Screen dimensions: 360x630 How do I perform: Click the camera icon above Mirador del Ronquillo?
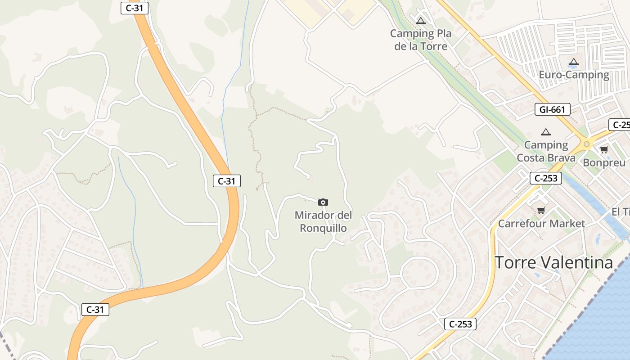click(x=323, y=202)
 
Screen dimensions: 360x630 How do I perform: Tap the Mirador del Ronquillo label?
click(x=323, y=222)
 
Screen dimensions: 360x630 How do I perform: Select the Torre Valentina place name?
click(x=553, y=262)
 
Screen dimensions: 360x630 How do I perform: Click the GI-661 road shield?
click(x=553, y=109)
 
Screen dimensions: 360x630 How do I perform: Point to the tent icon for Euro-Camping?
click(x=573, y=62)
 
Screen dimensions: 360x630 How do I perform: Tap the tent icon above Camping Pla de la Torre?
click(x=420, y=21)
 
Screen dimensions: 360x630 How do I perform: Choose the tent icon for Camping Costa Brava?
click(x=546, y=132)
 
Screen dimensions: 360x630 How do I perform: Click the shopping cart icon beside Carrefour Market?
click(x=541, y=210)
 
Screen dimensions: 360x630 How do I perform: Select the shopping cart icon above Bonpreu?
click(x=604, y=149)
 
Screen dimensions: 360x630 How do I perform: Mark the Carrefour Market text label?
click(x=541, y=224)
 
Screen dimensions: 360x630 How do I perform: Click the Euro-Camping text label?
click(x=574, y=75)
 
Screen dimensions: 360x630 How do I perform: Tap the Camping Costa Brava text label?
click(x=546, y=151)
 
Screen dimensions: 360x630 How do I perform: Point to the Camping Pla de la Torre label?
click(x=420, y=40)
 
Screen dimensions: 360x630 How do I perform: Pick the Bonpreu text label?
click(x=604, y=162)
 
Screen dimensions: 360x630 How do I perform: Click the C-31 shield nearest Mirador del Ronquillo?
click(x=226, y=181)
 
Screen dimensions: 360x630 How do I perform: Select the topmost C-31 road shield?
click(x=135, y=8)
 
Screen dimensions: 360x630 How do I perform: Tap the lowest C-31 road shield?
click(x=95, y=310)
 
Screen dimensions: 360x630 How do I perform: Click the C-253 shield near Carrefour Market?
click(x=546, y=178)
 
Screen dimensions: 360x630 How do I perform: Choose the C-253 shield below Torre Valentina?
click(x=460, y=324)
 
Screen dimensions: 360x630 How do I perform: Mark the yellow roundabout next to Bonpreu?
click(x=586, y=144)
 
